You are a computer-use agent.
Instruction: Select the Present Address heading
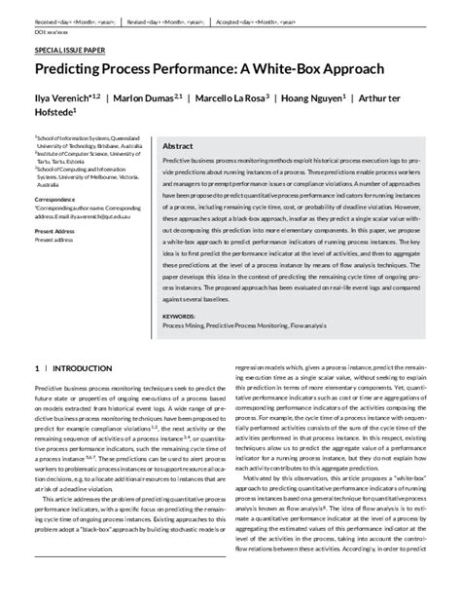coord(56,231)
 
